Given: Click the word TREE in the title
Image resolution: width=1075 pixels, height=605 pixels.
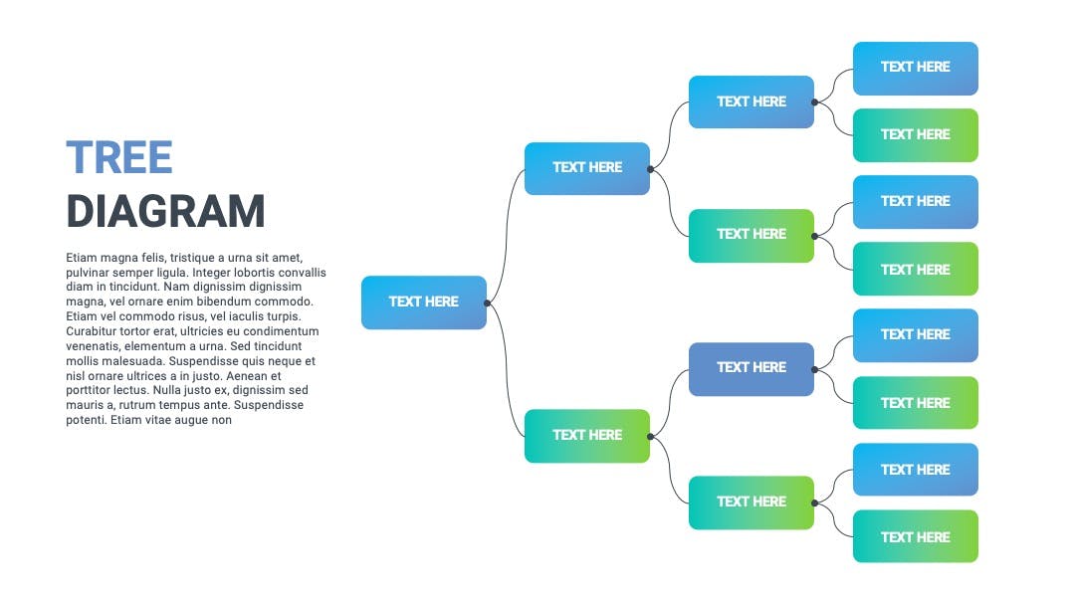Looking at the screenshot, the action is click(x=119, y=157).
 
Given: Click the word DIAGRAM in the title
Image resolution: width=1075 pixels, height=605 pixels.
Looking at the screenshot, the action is click(x=165, y=211).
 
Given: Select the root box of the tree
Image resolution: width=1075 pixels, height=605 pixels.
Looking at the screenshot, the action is click(x=424, y=302).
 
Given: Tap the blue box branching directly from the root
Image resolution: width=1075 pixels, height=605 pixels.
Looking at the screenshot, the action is click(x=587, y=168).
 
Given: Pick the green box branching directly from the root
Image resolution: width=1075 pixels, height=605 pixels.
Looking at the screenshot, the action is click(x=587, y=436).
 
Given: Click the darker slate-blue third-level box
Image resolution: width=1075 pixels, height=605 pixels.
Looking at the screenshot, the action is click(x=752, y=369).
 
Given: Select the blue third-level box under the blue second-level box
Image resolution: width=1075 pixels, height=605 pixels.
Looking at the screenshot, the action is click(x=752, y=102).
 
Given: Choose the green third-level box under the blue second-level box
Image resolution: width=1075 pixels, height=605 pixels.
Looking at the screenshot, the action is click(x=752, y=236).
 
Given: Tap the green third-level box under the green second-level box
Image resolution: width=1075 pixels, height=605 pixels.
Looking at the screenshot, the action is click(x=752, y=503).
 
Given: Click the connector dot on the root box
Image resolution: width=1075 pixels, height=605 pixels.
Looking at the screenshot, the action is click(x=487, y=302).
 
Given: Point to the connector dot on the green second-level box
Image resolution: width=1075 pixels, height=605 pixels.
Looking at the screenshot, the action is click(x=650, y=437).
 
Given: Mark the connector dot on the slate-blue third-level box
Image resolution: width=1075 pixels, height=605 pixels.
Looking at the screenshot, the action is click(x=814, y=369).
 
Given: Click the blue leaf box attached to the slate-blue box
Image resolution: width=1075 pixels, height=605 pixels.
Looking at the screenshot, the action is click(x=916, y=335).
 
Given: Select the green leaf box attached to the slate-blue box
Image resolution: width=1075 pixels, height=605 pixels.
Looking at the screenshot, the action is click(x=916, y=403).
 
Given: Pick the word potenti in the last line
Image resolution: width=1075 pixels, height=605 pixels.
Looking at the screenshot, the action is click(x=86, y=420).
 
